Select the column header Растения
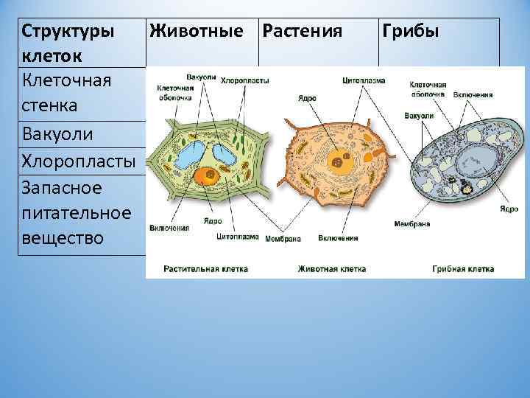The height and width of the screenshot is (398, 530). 302,32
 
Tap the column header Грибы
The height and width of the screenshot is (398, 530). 409,32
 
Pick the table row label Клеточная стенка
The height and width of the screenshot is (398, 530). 67,92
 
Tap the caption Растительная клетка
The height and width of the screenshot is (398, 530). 206,269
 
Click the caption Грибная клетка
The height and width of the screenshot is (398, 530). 463,269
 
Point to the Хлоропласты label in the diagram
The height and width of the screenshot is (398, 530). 244,80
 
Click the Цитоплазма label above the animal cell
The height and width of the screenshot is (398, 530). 364,80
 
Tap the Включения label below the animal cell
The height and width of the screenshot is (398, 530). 338,238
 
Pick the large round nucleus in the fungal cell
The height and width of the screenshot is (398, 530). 470,158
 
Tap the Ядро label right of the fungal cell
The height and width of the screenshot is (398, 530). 508,209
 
